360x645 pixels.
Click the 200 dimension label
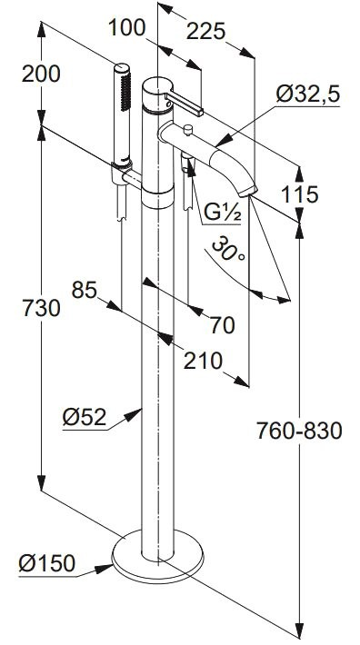tap(41, 74)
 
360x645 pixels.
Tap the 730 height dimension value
tap(41, 308)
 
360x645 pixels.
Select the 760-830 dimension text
tap(299, 432)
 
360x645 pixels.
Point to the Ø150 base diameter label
tap(47, 562)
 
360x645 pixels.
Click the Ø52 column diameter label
tap(85, 418)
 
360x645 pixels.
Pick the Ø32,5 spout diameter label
tap(308, 94)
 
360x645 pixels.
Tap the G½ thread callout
tap(222, 213)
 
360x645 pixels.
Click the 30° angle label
tap(229, 249)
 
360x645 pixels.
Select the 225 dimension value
tap(205, 31)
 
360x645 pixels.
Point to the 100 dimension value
tap(126, 28)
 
